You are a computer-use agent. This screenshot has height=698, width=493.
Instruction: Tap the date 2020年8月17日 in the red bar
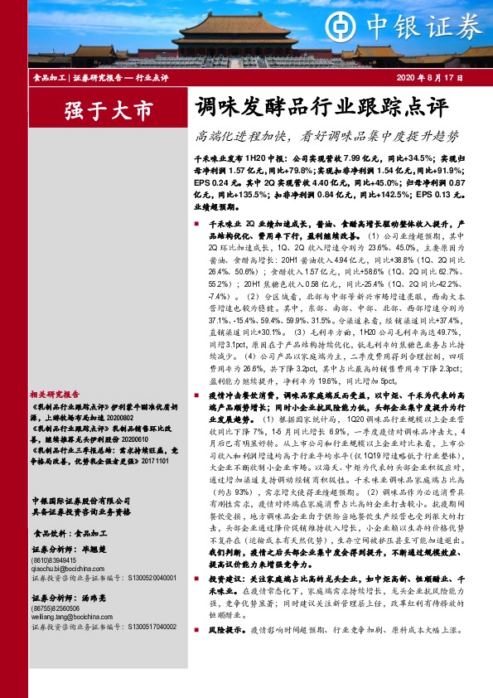[451, 78]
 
